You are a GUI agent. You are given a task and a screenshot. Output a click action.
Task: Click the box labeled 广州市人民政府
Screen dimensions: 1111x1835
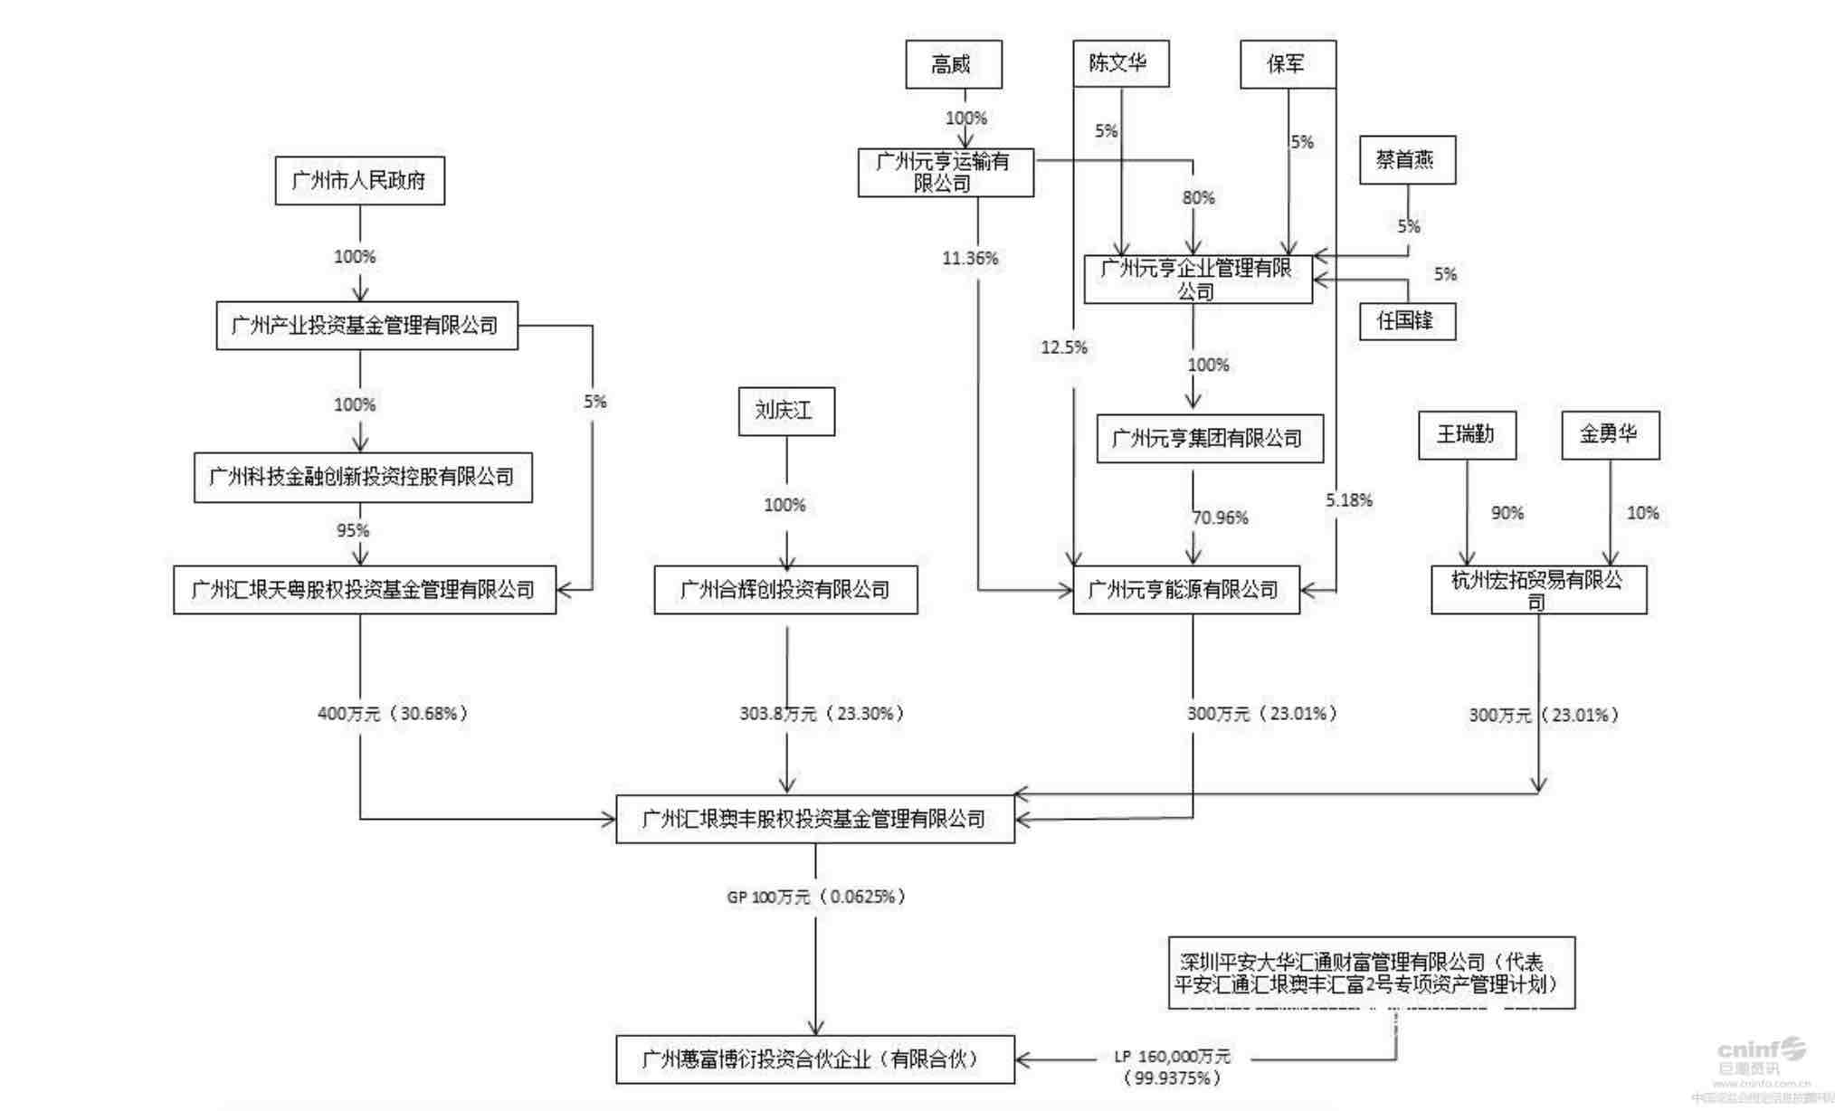click(359, 180)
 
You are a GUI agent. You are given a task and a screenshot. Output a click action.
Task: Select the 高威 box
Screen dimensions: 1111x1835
click(953, 64)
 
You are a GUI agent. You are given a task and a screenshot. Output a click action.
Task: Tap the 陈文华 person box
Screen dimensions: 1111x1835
click(1120, 63)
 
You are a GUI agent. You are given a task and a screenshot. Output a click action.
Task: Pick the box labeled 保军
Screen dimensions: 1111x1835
click(1287, 64)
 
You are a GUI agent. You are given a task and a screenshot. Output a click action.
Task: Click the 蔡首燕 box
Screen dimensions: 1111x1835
click(1407, 160)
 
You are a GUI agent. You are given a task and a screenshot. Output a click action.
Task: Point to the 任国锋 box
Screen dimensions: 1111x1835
click(1407, 320)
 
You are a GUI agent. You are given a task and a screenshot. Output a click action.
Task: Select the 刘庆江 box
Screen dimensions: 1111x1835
click(785, 411)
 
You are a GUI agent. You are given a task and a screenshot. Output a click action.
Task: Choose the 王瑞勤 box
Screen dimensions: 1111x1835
click(1466, 435)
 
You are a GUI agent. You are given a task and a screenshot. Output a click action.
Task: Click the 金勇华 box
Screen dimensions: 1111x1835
click(1610, 435)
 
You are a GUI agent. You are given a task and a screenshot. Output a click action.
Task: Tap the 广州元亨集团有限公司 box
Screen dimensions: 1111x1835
click(1209, 439)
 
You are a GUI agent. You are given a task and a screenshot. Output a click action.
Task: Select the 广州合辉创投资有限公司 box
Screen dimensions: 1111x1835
click(785, 590)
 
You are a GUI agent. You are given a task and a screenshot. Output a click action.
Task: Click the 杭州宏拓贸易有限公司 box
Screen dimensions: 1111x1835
click(1538, 590)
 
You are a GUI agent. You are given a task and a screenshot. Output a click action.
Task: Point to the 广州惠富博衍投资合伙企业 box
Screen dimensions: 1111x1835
click(814, 1059)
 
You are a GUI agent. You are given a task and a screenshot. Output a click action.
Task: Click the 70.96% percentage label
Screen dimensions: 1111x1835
click(1221, 518)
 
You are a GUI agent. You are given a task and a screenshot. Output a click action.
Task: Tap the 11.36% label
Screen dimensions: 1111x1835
click(970, 259)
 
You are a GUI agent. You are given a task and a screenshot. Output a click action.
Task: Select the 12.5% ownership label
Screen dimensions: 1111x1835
click(1064, 347)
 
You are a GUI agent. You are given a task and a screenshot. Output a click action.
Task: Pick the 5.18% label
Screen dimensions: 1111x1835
click(1349, 500)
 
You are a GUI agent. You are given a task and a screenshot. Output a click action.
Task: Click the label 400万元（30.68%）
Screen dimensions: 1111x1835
click(393, 714)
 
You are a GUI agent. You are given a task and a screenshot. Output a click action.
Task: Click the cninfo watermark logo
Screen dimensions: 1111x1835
click(1760, 1054)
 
